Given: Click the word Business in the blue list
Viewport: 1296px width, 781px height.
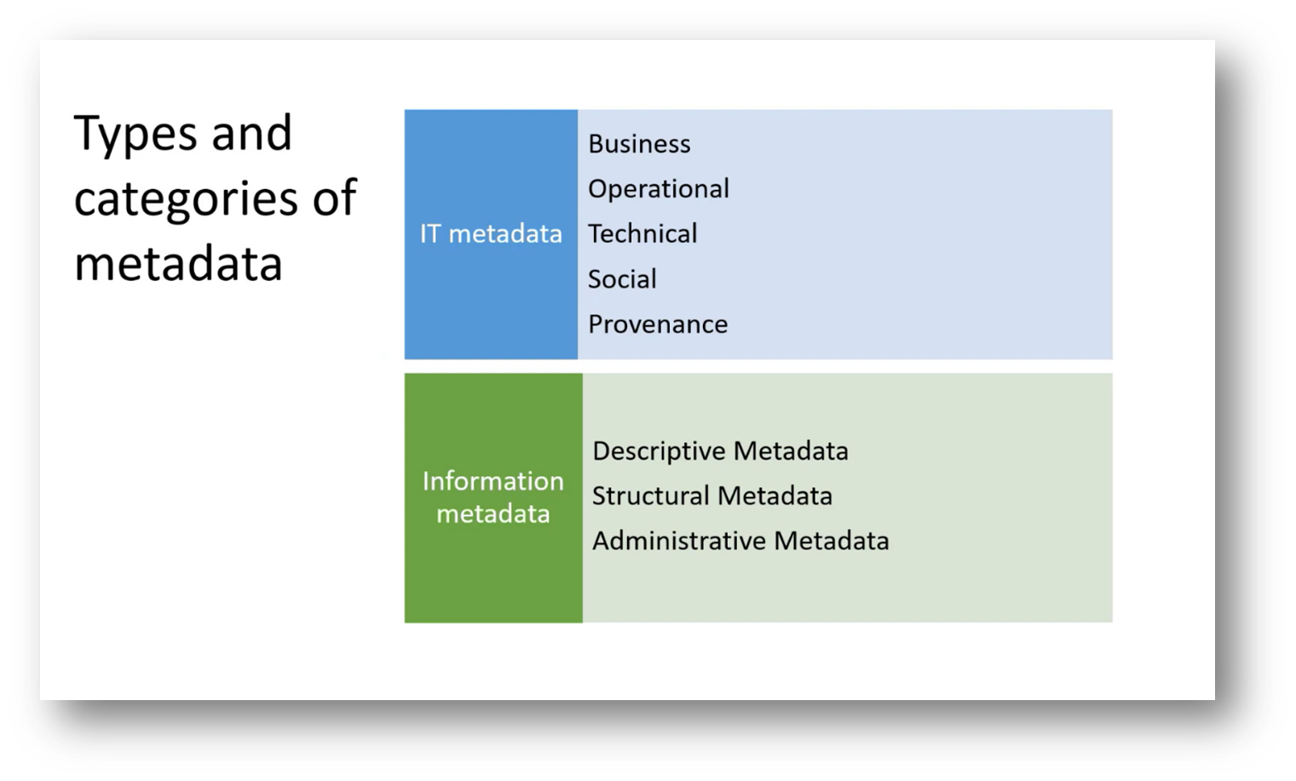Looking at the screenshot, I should [639, 144].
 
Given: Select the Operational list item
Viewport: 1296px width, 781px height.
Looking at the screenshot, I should [658, 189].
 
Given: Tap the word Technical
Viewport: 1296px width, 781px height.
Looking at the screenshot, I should [642, 234].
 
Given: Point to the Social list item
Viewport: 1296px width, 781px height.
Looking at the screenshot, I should [622, 279].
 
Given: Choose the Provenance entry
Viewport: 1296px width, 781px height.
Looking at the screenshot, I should [658, 324].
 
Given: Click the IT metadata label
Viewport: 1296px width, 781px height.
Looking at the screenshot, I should [491, 234].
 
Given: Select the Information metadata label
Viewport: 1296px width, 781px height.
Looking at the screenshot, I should [492, 497].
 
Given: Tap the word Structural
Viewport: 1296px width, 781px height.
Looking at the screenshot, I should [650, 496].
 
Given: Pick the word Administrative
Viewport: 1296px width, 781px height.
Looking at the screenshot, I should [679, 541].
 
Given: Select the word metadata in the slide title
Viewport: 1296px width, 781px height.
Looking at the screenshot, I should [178, 263].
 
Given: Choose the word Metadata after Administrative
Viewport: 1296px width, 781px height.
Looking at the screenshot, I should [832, 541].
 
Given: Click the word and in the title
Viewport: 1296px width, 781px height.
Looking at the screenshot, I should [251, 134].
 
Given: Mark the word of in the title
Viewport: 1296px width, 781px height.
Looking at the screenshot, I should [334, 198].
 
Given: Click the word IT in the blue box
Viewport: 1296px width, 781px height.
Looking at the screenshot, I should [429, 234].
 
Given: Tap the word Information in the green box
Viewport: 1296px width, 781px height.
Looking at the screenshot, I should [492, 481].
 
